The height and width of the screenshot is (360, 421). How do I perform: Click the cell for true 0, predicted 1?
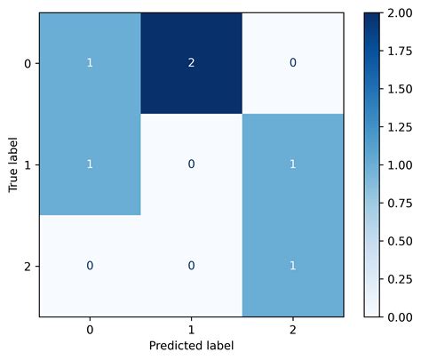pyautogui.click(x=191, y=64)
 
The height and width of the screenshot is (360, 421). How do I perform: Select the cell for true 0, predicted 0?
pyautogui.click(x=90, y=64)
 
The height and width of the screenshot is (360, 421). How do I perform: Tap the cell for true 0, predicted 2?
pyautogui.click(x=292, y=64)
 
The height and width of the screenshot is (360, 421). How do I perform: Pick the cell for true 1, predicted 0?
pyautogui.click(x=90, y=164)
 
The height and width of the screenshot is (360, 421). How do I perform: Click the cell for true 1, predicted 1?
pyautogui.click(x=191, y=164)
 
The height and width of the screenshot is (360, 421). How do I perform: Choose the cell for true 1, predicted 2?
pyautogui.click(x=292, y=164)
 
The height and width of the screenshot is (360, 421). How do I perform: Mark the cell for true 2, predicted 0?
pyautogui.click(x=90, y=266)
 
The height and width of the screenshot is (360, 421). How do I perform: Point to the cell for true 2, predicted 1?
pyautogui.click(x=191, y=266)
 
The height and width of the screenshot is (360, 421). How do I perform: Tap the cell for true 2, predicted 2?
pyautogui.click(x=292, y=266)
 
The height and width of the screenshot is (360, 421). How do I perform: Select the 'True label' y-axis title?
pyautogui.click(x=12, y=164)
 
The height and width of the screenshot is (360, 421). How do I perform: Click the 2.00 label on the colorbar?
pyautogui.click(x=400, y=13)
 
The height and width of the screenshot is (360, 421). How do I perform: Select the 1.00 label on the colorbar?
pyautogui.click(x=400, y=164)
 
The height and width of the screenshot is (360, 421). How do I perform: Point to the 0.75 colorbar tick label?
pyautogui.click(x=400, y=203)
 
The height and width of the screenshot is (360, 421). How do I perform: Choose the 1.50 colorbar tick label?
pyautogui.click(x=400, y=89)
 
